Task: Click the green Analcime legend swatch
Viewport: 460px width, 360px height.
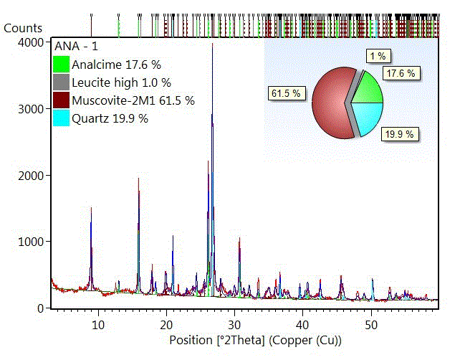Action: [x=62, y=64]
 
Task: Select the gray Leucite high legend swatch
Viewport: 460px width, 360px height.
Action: [x=62, y=82]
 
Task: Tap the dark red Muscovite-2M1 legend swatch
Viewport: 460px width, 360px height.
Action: [x=62, y=100]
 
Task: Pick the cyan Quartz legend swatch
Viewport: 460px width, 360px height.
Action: [x=62, y=118]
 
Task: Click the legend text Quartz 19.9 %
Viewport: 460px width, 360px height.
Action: [x=110, y=118]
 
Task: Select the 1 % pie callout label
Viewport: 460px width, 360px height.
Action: [x=378, y=55]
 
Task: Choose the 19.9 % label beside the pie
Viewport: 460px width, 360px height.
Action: [x=400, y=133]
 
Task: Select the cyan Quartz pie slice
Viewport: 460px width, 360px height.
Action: [x=368, y=117]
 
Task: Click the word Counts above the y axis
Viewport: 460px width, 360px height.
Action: [x=24, y=28]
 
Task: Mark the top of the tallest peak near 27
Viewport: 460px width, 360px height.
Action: [x=212, y=45]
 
